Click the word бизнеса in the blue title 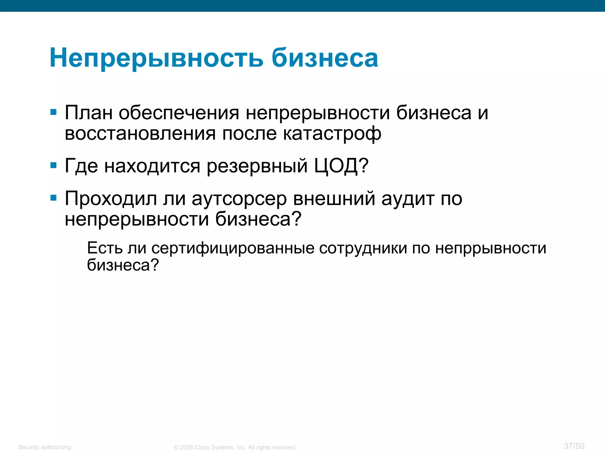(325, 58)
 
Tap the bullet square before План (53, 112)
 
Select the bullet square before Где (53, 165)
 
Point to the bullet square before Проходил (53, 198)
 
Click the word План (89, 113)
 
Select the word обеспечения (179, 113)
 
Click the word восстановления (140, 134)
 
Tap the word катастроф (332, 134)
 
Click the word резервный (257, 166)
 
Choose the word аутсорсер (239, 199)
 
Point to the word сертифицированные (233, 248)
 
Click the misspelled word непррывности (491, 248)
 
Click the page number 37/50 (574, 446)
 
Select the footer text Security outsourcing (45, 447)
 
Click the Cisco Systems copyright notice (235, 447)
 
